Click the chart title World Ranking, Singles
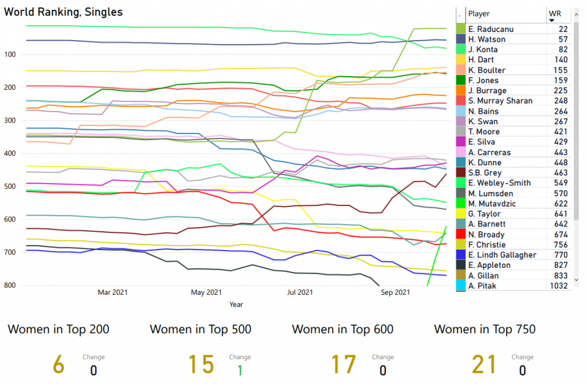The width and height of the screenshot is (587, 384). point(63,12)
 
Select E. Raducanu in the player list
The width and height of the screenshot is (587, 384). point(491,29)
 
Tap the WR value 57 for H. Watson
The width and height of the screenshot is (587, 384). point(563,39)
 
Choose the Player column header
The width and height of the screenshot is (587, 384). point(479,14)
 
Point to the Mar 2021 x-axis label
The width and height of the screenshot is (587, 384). point(112,292)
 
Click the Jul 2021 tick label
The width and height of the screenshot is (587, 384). point(299,292)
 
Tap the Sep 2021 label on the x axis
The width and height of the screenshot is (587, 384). point(395,292)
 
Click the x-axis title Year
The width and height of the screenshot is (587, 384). point(236,305)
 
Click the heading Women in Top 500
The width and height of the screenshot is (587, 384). point(200,329)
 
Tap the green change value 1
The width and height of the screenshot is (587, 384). point(240,370)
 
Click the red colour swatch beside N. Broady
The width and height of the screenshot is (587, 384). point(460,235)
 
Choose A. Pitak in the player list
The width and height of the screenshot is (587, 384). point(483,286)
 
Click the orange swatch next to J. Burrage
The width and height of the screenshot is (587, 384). point(460,90)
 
